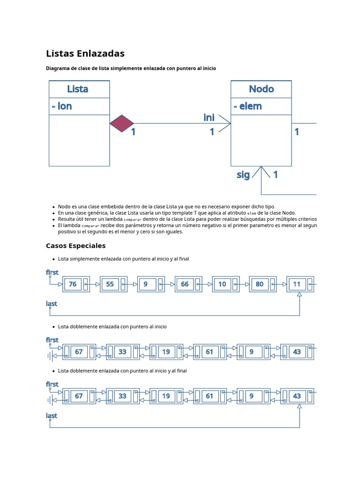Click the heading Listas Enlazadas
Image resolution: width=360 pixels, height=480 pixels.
(x=85, y=53)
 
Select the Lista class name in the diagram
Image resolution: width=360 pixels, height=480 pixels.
(x=78, y=89)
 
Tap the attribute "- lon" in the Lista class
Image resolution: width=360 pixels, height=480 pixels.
(x=62, y=106)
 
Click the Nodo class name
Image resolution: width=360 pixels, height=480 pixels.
(x=261, y=89)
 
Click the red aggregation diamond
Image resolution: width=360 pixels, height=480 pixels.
(x=122, y=123)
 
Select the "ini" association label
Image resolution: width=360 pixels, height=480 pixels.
(x=209, y=118)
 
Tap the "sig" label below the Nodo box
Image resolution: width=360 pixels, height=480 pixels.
(x=243, y=175)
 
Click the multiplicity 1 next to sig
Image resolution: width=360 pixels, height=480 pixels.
(x=276, y=175)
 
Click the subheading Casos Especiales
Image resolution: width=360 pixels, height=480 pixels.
(x=75, y=246)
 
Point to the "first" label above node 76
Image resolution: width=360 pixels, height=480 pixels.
(x=52, y=272)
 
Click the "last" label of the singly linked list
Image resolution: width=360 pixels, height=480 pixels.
(x=52, y=304)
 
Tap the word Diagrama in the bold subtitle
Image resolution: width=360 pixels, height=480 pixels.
(x=58, y=68)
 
